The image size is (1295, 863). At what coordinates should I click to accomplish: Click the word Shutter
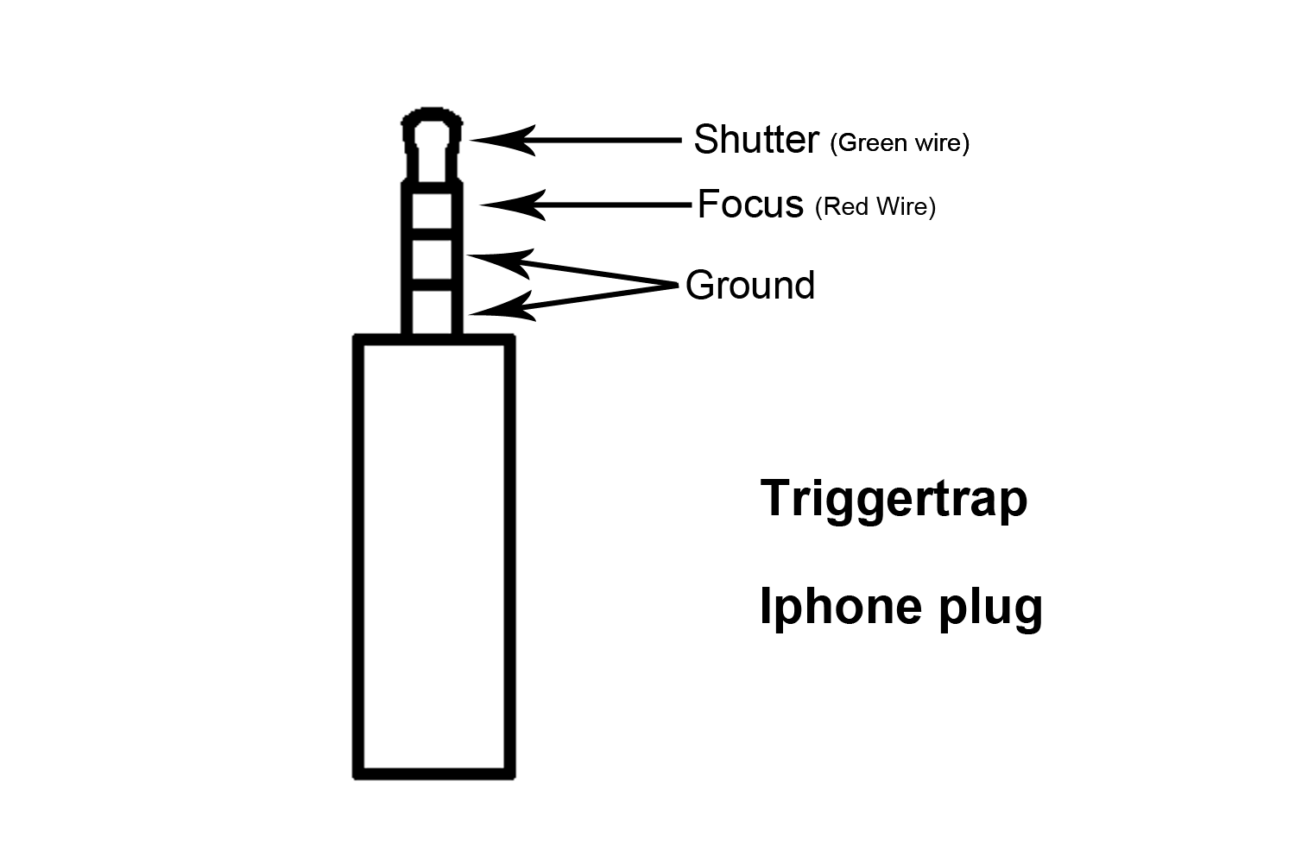click(x=755, y=140)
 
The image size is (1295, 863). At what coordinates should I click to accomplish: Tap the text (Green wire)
click(x=899, y=142)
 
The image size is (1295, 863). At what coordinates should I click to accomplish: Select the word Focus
click(x=749, y=205)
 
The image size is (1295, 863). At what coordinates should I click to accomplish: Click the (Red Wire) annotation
click(x=875, y=207)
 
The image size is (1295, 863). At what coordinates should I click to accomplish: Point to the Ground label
click(x=749, y=286)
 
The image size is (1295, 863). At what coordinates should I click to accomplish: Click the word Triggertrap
click(x=894, y=500)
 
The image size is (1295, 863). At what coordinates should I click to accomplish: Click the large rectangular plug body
click(x=434, y=557)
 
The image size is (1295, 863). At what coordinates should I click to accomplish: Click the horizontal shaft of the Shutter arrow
click(x=604, y=140)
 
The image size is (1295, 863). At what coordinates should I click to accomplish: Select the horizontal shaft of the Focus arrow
click(x=617, y=205)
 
